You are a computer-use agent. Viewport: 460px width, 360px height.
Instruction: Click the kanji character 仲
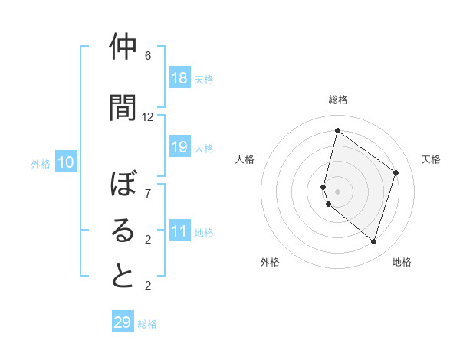tap(123, 47)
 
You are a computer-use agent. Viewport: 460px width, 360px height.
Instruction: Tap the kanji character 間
tap(123, 106)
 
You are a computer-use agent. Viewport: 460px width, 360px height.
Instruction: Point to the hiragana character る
tap(123, 231)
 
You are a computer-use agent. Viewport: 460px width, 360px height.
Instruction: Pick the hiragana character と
tap(123, 277)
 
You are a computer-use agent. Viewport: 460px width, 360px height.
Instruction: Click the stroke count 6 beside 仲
tap(148, 56)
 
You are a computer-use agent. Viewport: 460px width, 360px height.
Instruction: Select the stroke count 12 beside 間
tap(148, 117)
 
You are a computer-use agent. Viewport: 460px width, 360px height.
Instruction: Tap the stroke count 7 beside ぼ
tap(148, 194)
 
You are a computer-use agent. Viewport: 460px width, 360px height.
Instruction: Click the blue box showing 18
tap(179, 78)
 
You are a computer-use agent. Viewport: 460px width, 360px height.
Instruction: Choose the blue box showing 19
tap(179, 147)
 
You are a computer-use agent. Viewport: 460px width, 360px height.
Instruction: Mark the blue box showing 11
tap(179, 231)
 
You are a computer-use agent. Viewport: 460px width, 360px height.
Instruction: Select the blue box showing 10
tap(66, 162)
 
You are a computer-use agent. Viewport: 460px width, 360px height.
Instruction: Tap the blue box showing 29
tap(123, 322)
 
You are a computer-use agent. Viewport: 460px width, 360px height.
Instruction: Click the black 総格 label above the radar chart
tap(338, 100)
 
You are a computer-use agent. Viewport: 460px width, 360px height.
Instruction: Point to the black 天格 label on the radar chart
tap(431, 159)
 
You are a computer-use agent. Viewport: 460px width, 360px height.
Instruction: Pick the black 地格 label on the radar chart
tap(402, 262)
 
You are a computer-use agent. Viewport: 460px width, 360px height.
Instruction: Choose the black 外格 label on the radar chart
tap(270, 262)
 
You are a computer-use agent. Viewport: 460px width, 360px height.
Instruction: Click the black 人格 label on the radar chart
tap(245, 159)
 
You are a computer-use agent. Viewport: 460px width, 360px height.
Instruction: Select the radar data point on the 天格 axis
tap(396, 172)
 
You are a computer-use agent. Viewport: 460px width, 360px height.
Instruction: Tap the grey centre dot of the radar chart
tap(338, 191)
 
